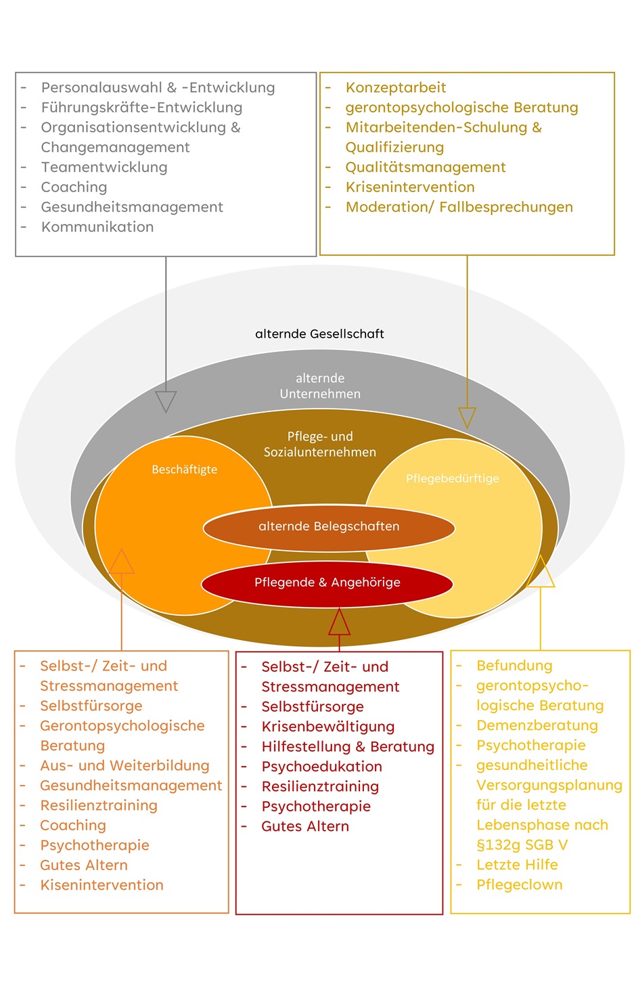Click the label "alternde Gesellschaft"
click(319, 334)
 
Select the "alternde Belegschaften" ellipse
click(329, 526)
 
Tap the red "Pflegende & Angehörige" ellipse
click(327, 583)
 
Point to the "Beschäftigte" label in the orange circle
click(184, 470)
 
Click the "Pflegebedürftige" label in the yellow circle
click(452, 478)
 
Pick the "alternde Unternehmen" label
click(320, 386)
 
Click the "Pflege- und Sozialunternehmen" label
click(320, 444)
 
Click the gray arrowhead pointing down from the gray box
click(166, 401)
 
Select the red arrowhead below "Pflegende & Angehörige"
click(339, 622)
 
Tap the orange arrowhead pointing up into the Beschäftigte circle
click(122, 562)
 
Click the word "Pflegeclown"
click(519, 884)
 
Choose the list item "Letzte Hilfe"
click(517, 865)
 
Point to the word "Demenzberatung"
click(537, 725)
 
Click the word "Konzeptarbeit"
click(396, 87)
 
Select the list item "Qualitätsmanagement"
click(426, 167)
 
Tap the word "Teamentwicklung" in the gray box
click(104, 167)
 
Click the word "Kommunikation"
click(97, 227)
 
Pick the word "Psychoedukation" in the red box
click(321, 767)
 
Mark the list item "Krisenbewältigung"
click(327, 727)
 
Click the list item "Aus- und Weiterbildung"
click(124, 765)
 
